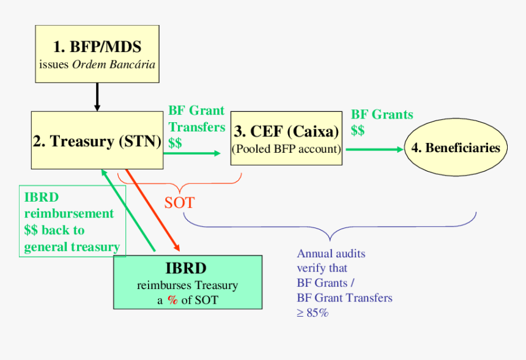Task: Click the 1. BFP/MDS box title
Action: (97, 47)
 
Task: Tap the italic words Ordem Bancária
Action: (114, 65)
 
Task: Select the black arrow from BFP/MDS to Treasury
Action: (97, 97)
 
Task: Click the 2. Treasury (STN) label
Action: (97, 141)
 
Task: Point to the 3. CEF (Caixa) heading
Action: (286, 131)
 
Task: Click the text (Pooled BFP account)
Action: (286, 149)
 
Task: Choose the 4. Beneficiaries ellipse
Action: (456, 148)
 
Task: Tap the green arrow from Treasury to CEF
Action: (193, 153)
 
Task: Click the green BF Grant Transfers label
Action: (196, 127)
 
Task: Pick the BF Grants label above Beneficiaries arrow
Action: (382, 122)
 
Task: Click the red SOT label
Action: (179, 202)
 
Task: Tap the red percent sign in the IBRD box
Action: (172, 299)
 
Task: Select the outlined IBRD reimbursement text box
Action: (72, 221)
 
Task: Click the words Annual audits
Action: (331, 253)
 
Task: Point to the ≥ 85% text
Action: (313, 313)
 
